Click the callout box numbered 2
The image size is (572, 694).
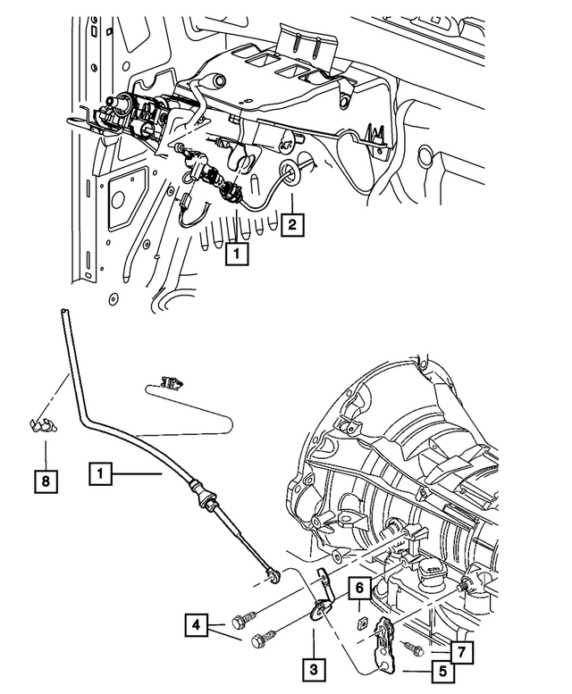click(291, 224)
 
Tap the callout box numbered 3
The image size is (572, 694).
click(313, 665)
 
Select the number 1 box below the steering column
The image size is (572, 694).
click(235, 255)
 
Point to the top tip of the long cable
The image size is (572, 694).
click(63, 312)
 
